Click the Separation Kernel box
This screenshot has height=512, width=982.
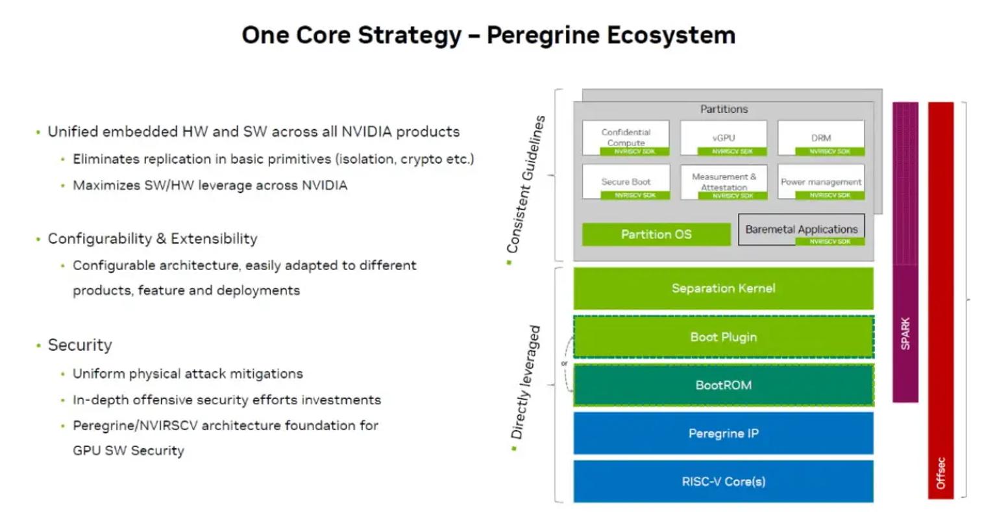(723, 288)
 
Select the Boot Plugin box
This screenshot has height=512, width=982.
(723, 337)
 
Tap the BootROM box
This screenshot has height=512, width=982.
(723, 385)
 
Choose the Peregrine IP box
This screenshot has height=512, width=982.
(723, 433)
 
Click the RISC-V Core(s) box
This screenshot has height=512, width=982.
(723, 482)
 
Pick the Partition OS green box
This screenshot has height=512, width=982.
(656, 234)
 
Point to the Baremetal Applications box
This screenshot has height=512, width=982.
(801, 230)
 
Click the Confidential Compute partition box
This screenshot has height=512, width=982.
(626, 137)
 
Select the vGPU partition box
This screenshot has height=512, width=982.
(723, 137)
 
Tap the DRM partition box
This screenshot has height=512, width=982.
(821, 137)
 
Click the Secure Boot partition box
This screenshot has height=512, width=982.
(626, 182)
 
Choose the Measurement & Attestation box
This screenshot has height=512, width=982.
(723, 182)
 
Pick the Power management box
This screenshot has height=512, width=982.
(821, 182)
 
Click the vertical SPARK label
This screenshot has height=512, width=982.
(905, 334)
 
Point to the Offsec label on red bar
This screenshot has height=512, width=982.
(940, 474)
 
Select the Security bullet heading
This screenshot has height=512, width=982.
(80, 345)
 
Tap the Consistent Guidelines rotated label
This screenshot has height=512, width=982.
(526, 184)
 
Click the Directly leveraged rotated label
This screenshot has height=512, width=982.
(526, 383)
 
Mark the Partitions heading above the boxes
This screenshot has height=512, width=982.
(724, 109)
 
